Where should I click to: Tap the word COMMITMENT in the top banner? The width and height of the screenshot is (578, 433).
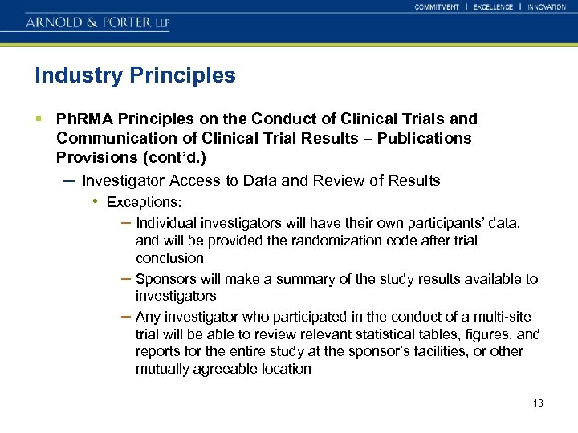437,7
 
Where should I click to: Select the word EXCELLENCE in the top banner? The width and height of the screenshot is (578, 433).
493,7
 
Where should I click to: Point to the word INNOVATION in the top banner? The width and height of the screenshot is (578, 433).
547,7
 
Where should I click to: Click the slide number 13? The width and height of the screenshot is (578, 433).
538,403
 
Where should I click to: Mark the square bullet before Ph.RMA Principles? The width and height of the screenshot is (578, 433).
39,119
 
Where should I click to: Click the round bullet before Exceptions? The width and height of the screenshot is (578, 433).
96,200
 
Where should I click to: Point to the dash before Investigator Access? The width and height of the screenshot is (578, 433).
69,180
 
